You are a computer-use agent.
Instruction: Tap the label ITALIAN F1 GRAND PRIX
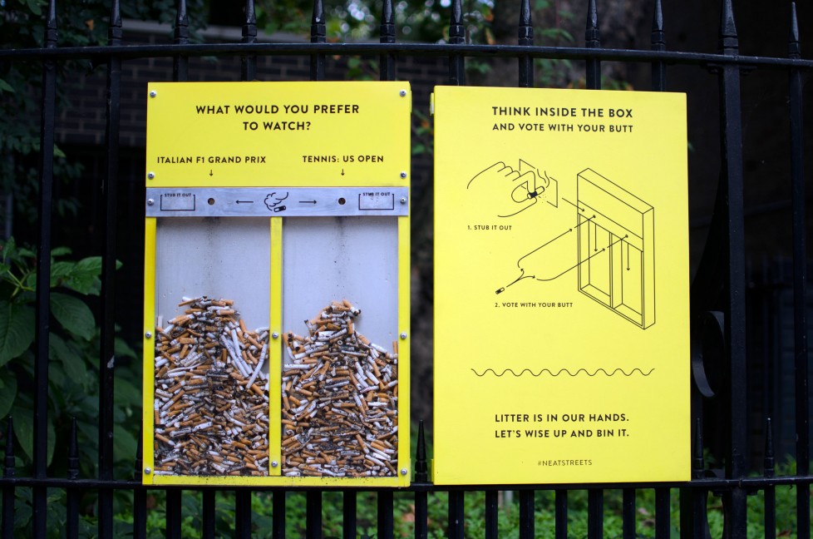tap(211, 159)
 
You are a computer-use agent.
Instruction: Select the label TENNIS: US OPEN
tap(342, 159)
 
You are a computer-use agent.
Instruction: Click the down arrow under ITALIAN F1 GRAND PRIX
tap(211, 173)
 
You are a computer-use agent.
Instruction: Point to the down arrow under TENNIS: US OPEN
tap(342, 173)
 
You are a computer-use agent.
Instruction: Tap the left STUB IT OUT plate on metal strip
tap(178, 201)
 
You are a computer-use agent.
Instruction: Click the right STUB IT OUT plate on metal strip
tap(376, 201)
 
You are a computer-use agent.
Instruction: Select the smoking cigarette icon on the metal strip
tap(276, 202)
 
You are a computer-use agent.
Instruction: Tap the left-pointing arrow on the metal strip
tap(244, 201)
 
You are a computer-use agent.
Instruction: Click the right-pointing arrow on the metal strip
tap(308, 201)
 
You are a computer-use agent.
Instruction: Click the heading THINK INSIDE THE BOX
tap(562, 111)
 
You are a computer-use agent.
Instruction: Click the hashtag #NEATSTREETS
tap(564, 462)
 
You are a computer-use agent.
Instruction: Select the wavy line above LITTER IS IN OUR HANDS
tap(562, 372)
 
